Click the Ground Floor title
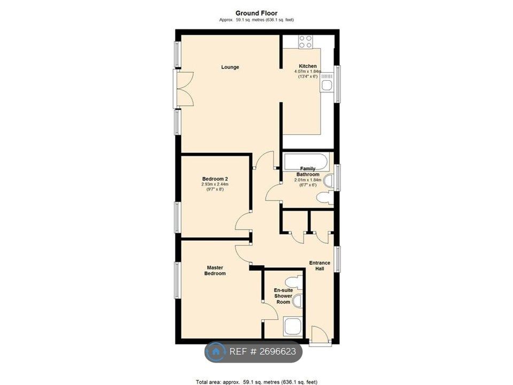pos(256,13)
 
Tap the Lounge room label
pos(230,67)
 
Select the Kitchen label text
pos(308,66)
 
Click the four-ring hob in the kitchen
pos(305,42)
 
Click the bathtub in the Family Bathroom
pos(306,161)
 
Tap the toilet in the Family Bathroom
pos(325,197)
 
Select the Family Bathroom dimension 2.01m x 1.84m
pos(308,180)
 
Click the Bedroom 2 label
pos(215,179)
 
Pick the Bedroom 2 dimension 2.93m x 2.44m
pos(215,184)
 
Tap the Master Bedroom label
pos(215,271)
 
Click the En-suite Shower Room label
pos(283,296)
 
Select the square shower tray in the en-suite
pos(292,327)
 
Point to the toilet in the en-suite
pos(293,282)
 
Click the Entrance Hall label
pos(320,266)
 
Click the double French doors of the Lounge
pos(184,89)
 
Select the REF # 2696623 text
pos(263,352)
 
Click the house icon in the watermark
pos(216,352)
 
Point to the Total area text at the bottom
pos(256,382)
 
